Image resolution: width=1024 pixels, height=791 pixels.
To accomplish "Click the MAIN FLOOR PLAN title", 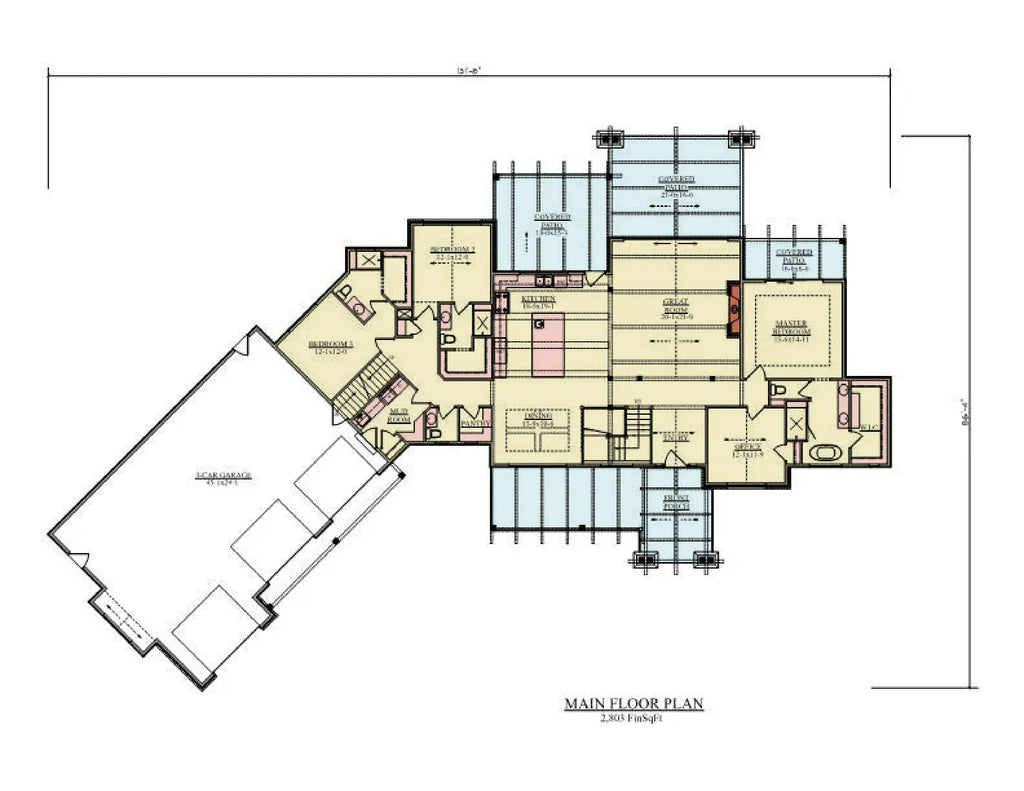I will [634, 704].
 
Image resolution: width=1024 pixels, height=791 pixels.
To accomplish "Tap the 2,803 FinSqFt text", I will [634, 719].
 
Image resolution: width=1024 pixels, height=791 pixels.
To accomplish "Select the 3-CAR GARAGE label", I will [223, 476].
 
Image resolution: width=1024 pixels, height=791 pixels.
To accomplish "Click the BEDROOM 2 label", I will [452, 251].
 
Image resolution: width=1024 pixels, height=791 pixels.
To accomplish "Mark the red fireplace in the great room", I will [733, 306].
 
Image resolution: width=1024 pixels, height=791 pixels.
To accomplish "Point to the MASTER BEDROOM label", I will [792, 328].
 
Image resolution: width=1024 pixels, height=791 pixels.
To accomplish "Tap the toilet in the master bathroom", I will [778, 389].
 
